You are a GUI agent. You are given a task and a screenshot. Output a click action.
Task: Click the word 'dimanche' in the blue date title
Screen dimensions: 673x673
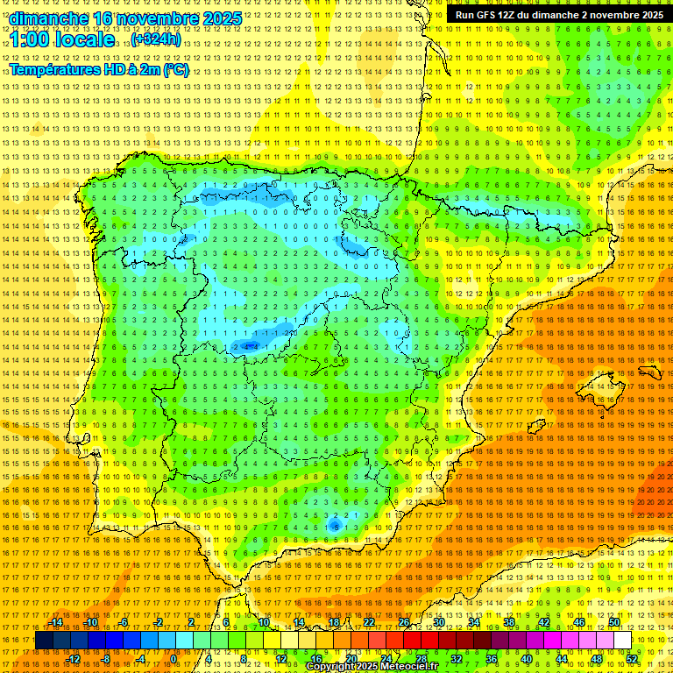point(49,18)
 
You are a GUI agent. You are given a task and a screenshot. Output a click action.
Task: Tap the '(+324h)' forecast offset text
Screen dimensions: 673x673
point(155,39)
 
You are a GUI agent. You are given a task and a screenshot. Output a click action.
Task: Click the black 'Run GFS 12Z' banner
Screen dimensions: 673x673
point(558,15)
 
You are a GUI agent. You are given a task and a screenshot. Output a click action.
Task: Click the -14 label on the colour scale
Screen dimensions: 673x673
point(58,622)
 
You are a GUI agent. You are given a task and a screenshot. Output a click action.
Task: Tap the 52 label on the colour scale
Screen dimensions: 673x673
point(632,658)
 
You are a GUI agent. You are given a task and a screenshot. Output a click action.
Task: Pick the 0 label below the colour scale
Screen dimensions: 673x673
point(174,658)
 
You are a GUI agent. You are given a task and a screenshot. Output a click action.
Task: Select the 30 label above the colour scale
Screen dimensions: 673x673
point(438,622)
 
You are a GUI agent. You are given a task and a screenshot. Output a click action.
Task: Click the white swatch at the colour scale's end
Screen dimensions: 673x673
point(622,641)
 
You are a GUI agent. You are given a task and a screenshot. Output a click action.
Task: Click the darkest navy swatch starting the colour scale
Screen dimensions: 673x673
point(43,641)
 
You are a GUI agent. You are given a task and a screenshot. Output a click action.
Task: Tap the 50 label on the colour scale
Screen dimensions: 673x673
point(614,622)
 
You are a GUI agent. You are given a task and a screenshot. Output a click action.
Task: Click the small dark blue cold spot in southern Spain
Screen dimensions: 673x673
point(335,525)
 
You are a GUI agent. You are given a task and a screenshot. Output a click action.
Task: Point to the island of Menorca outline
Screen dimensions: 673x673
point(649,372)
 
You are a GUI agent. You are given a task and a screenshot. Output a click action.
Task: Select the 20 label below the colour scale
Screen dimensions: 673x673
point(351,658)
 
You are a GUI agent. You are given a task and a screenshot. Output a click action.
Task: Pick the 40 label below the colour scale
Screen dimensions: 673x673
point(527,658)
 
